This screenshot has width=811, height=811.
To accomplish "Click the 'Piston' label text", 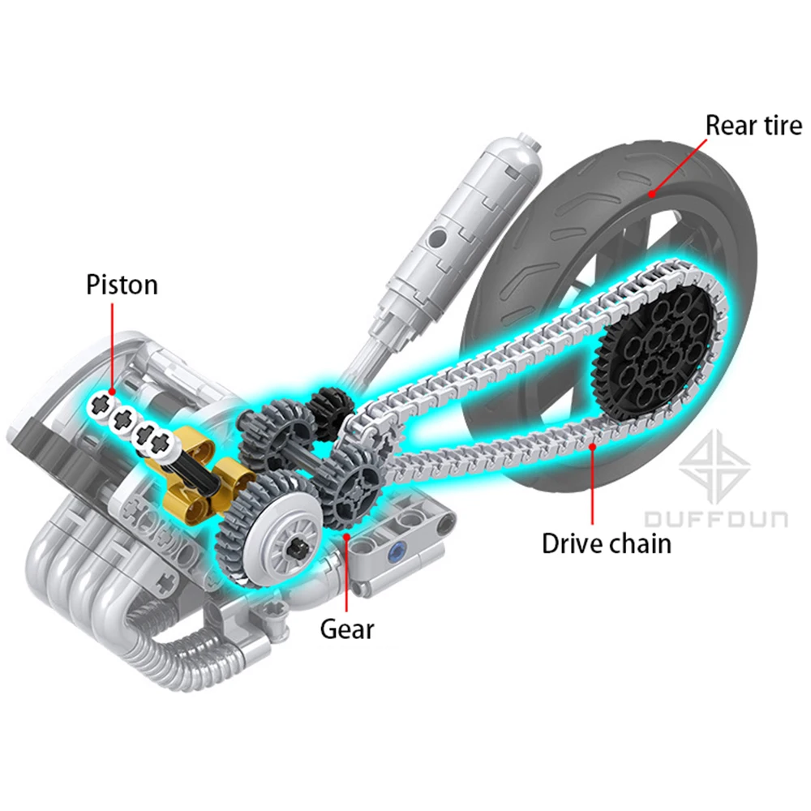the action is (x=122, y=285).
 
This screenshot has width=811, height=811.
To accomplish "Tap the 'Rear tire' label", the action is (x=753, y=126).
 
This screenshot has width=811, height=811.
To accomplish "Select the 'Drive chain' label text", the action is (x=607, y=544).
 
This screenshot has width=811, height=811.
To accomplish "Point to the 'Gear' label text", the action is (x=346, y=630).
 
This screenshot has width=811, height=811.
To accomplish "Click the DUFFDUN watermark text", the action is (x=716, y=519).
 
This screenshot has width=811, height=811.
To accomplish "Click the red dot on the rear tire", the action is (x=652, y=195).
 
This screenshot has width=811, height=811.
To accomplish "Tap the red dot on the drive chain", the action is (x=593, y=446).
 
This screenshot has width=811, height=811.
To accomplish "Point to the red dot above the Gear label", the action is (x=346, y=537).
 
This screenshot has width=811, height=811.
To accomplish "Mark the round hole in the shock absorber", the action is (x=438, y=238).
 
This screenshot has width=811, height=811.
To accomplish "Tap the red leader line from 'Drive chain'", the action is (x=593, y=486).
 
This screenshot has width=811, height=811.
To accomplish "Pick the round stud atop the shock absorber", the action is (x=529, y=139).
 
